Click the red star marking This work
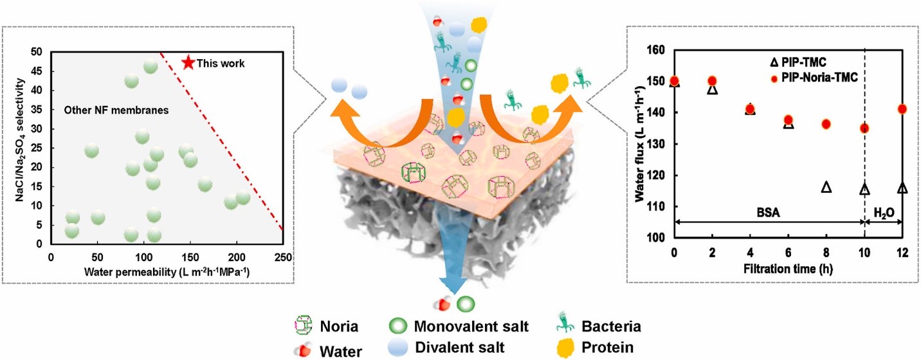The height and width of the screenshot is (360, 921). click(x=188, y=62)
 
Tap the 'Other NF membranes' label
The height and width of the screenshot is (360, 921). click(x=116, y=111)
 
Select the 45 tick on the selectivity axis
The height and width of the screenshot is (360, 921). click(x=41, y=71)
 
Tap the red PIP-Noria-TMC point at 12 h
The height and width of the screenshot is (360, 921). click(x=902, y=109)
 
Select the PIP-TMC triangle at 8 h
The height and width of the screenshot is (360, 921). click(x=826, y=187)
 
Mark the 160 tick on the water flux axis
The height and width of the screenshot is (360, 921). click(x=657, y=50)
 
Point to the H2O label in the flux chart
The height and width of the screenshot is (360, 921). click(x=884, y=212)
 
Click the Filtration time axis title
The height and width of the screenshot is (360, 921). click(x=789, y=268)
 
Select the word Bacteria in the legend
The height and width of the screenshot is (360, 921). click(x=608, y=327)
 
